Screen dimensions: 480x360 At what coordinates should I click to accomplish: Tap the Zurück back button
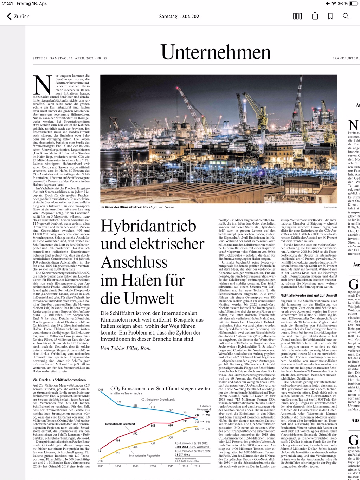[18, 17]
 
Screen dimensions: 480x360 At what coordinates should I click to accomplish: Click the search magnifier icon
[346, 17]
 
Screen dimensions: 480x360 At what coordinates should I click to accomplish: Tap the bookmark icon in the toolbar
[330, 17]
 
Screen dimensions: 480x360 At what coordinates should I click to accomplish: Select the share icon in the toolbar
[315, 16]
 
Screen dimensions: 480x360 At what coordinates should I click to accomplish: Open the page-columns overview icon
[297, 17]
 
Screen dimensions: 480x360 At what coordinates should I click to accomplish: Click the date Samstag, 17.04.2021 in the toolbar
[180, 17]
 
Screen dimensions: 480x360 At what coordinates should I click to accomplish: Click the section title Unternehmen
[216, 52]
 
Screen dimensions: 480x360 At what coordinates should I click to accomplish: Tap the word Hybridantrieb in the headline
[148, 226]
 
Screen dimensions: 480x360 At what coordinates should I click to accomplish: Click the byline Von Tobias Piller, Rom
[126, 348]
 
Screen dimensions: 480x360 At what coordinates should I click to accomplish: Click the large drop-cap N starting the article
[42, 85]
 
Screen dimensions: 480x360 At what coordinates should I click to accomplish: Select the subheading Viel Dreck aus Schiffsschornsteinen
[59, 380]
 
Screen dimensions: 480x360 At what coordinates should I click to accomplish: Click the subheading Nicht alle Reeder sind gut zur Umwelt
[309, 296]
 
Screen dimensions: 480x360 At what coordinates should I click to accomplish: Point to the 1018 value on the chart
[101, 390]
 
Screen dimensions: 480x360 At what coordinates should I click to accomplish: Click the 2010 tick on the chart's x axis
[153, 466]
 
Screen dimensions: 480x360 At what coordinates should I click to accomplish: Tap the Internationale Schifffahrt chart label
[120, 424]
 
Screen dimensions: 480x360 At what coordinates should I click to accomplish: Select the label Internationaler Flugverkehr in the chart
[144, 456]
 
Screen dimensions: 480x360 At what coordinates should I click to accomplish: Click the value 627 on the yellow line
[197, 429]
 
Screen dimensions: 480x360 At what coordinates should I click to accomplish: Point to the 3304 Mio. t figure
[183, 447]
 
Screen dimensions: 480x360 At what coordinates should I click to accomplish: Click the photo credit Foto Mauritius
[330, 208]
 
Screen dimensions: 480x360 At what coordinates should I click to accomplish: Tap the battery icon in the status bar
[353, 4]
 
